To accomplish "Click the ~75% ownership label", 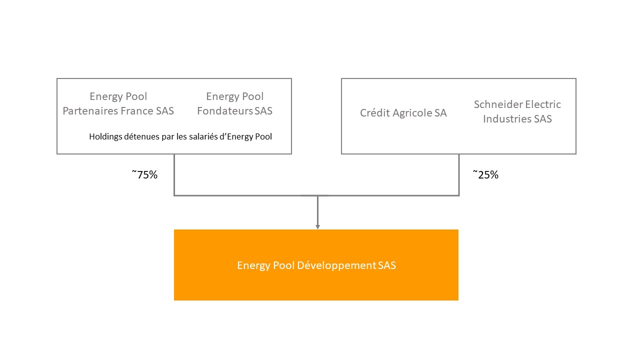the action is (x=144, y=174).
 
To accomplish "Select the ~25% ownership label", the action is (x=485, y=174).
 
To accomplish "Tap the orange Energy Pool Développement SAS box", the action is (x=316, y=265).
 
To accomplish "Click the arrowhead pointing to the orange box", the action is (x=317, y=227).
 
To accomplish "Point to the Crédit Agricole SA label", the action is (x=403, y=113).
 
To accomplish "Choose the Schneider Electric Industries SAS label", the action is (x=517, y=111).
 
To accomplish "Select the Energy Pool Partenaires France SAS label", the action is (x=118, y=103).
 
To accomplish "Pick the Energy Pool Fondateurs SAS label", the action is (x=234, y=103).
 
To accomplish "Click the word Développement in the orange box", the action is (x=336, y=265).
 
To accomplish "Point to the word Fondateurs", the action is (x=225, y=111).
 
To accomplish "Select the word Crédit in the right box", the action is (x=375, y=113).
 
